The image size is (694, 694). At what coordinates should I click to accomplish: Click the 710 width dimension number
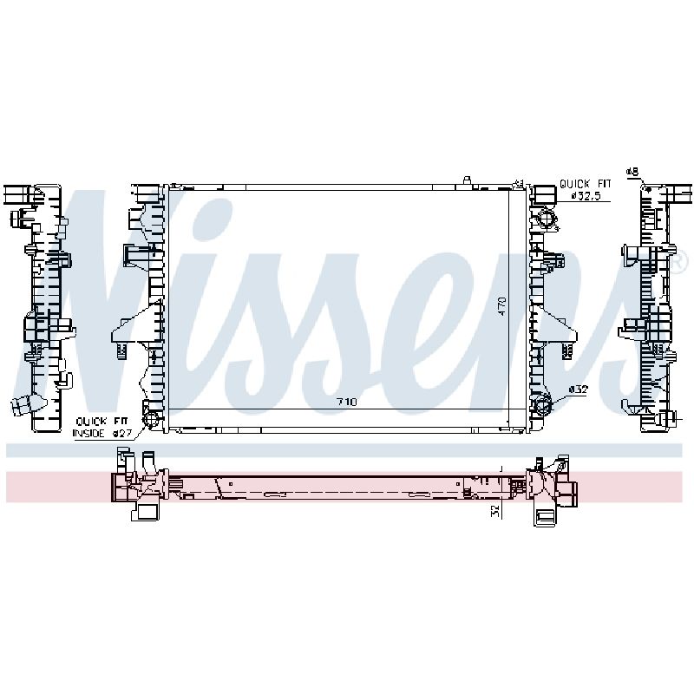point(346,402)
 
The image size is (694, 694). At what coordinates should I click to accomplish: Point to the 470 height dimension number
point(502,306)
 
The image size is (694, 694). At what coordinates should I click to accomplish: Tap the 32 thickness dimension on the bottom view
point(495,511)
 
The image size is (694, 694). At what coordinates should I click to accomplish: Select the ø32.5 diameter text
point(586,196)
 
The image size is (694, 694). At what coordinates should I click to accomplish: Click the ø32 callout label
point(578,390)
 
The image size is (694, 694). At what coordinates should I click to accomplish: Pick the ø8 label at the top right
point(632,171)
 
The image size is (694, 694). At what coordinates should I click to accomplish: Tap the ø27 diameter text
point(121,433)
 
